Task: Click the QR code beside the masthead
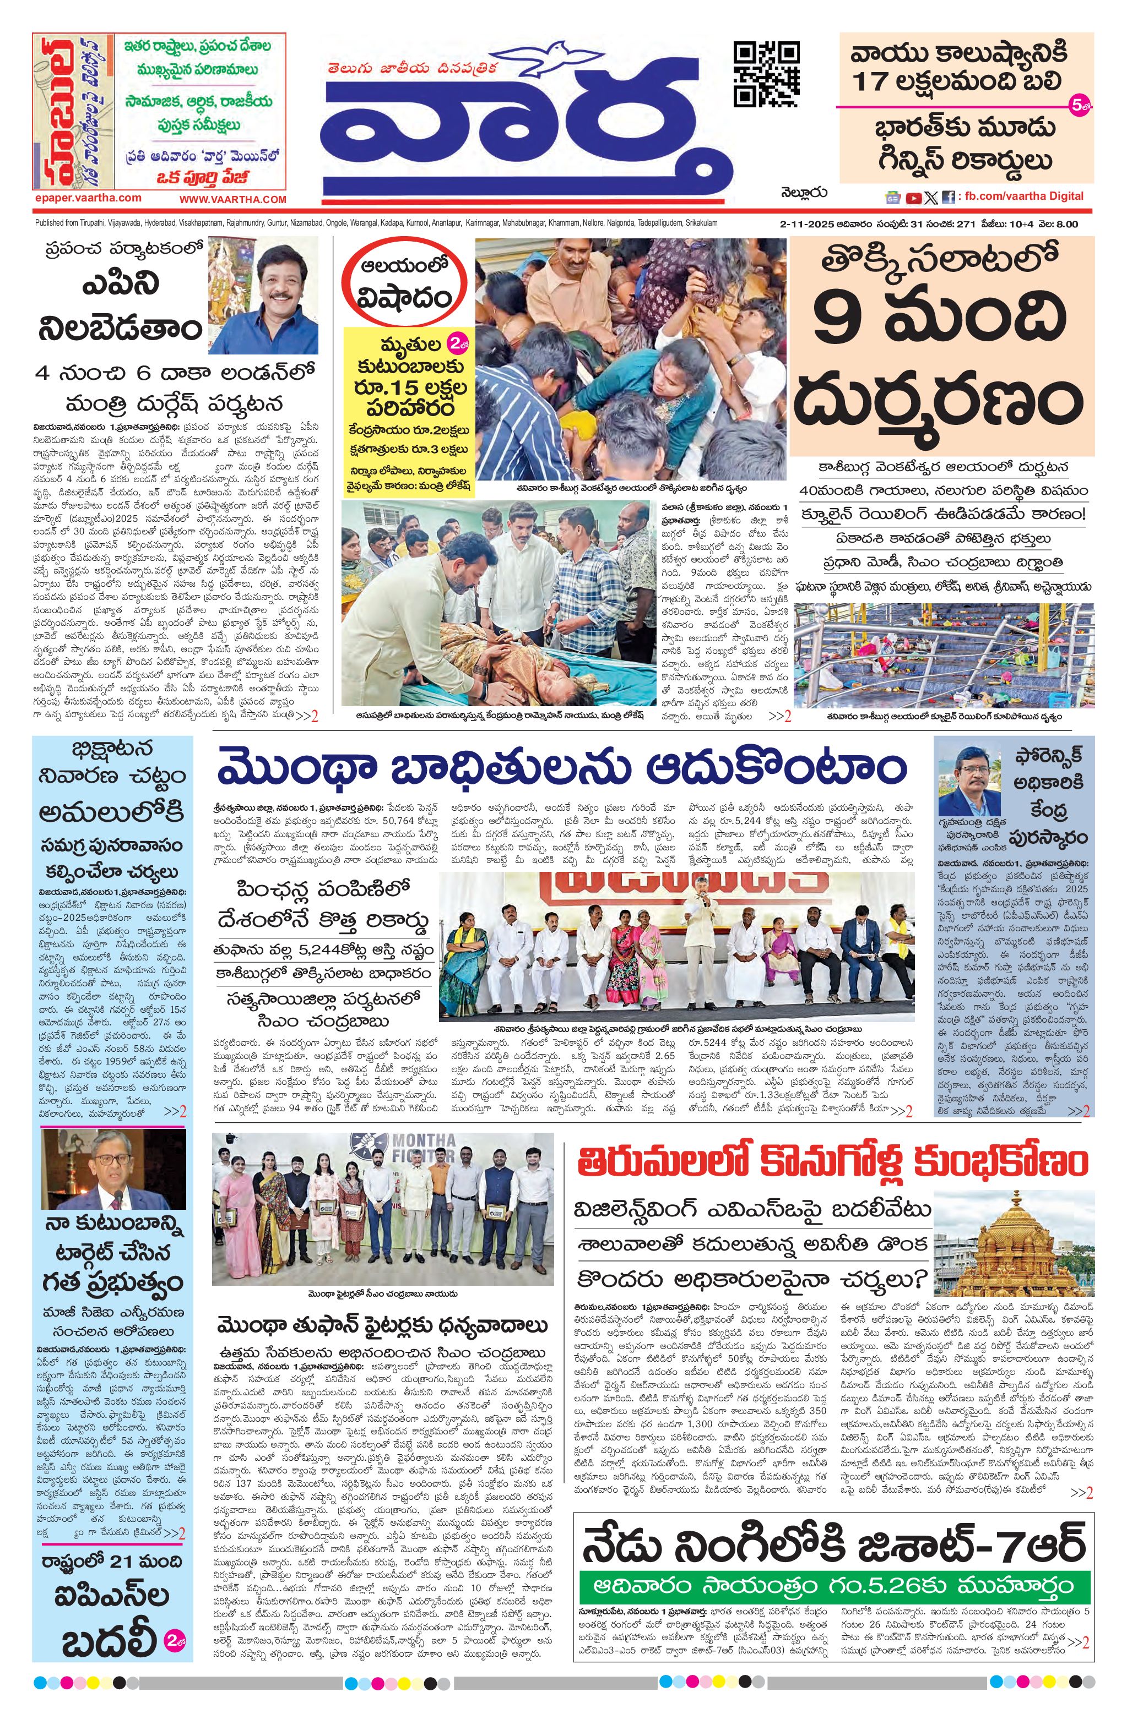pos(767,75)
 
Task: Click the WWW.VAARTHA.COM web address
pos(233,199)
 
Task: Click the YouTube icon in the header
pos(913,196)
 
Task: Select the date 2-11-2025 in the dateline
pos(807,224)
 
